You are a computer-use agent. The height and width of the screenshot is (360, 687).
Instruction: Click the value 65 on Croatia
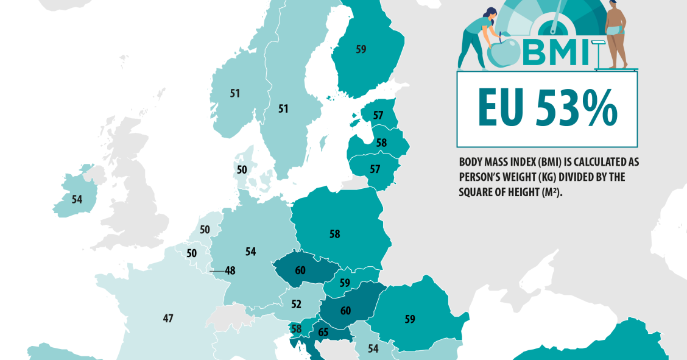323,333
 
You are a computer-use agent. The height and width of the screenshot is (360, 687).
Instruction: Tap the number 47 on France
169,318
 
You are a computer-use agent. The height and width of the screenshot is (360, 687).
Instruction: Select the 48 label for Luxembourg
229,271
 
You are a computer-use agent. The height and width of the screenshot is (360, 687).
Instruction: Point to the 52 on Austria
297,304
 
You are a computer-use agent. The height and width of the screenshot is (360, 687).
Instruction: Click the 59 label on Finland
361,49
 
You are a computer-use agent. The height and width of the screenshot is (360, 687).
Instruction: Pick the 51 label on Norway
235,93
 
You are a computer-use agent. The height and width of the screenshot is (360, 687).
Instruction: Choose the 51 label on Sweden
283,108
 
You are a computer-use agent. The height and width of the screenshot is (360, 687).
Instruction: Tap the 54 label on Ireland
77,199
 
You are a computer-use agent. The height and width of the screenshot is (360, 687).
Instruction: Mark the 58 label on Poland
334,233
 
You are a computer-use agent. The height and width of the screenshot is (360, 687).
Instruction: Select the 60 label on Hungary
345,311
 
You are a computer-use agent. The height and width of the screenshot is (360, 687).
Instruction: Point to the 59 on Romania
410,318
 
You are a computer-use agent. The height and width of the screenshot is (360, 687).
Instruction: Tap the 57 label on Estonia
378,115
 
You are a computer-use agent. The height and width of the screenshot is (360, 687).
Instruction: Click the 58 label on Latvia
381,143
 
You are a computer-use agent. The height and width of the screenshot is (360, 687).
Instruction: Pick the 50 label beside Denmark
242,169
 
